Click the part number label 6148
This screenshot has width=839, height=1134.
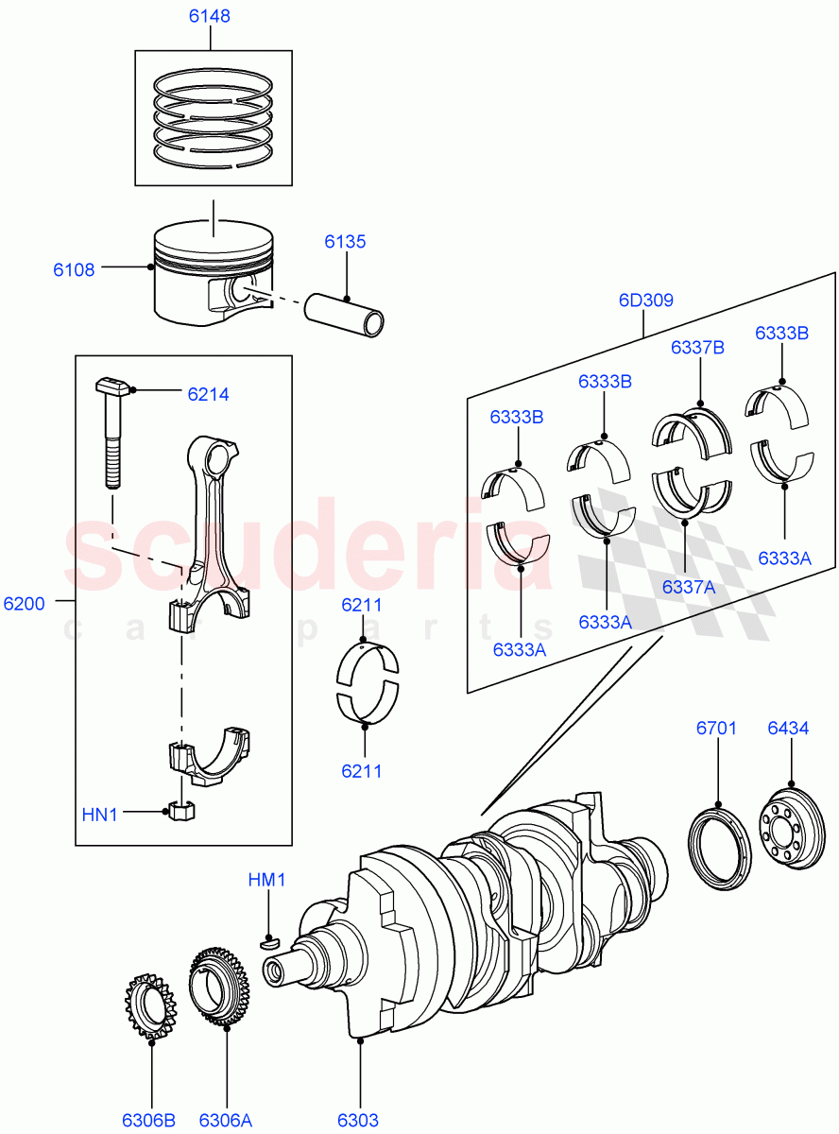209,16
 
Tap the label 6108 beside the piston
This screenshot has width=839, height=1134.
74,269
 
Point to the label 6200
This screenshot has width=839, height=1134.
24,603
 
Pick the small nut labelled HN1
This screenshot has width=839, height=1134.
181,811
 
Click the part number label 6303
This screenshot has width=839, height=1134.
358,1120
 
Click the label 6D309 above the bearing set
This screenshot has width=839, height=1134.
646,301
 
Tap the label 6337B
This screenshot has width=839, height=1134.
697,347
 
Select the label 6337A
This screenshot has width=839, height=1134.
688,586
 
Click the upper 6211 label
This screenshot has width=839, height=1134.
362,605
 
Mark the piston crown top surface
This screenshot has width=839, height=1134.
213,235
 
